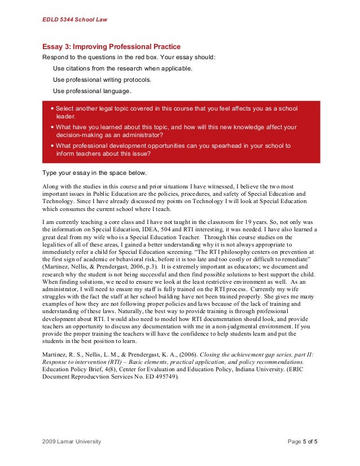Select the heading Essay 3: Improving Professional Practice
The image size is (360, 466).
point(112,47)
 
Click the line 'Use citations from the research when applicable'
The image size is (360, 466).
point(122,68)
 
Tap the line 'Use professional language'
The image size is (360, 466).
point(92,91)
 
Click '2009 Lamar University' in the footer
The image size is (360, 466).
point(72,441)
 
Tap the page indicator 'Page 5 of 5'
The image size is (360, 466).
point(302,441)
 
